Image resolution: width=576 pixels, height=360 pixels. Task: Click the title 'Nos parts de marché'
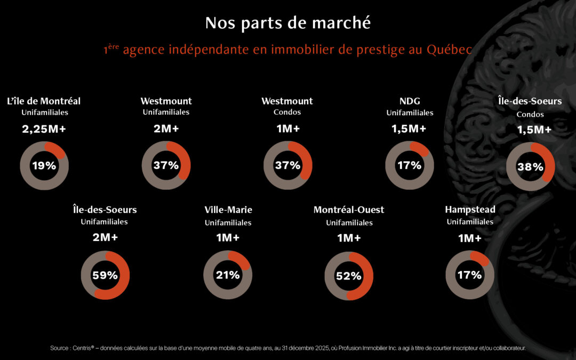[287, 23]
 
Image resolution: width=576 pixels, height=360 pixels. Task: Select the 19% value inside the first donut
[44, 166]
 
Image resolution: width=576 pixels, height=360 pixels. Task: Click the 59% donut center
[105, 276]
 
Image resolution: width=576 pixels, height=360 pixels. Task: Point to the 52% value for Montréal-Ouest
[348, 276]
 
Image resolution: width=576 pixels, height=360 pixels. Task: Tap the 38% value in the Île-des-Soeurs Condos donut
[530, 167]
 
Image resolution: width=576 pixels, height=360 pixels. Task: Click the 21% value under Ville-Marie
[228, 275]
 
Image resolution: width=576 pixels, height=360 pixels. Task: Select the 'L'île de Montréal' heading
[44, 101]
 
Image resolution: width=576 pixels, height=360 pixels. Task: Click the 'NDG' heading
[410, 101]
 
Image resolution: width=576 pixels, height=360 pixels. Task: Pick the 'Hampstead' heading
[470, 210]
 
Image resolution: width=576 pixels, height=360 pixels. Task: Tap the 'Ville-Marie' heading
[228, 210]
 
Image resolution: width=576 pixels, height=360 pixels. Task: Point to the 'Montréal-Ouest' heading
[349, 210]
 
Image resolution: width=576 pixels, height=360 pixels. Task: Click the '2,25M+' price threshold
[44, 129]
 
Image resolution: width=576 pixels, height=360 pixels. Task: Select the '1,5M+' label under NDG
[410, 129]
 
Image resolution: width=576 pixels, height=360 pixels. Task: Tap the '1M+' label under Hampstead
[470, 238]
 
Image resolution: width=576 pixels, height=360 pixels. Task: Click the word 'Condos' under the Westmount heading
[287, 113]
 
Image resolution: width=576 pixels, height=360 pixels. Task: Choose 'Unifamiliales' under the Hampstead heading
[470, 222]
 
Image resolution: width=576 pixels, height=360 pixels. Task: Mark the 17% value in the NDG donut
[409, 166]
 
